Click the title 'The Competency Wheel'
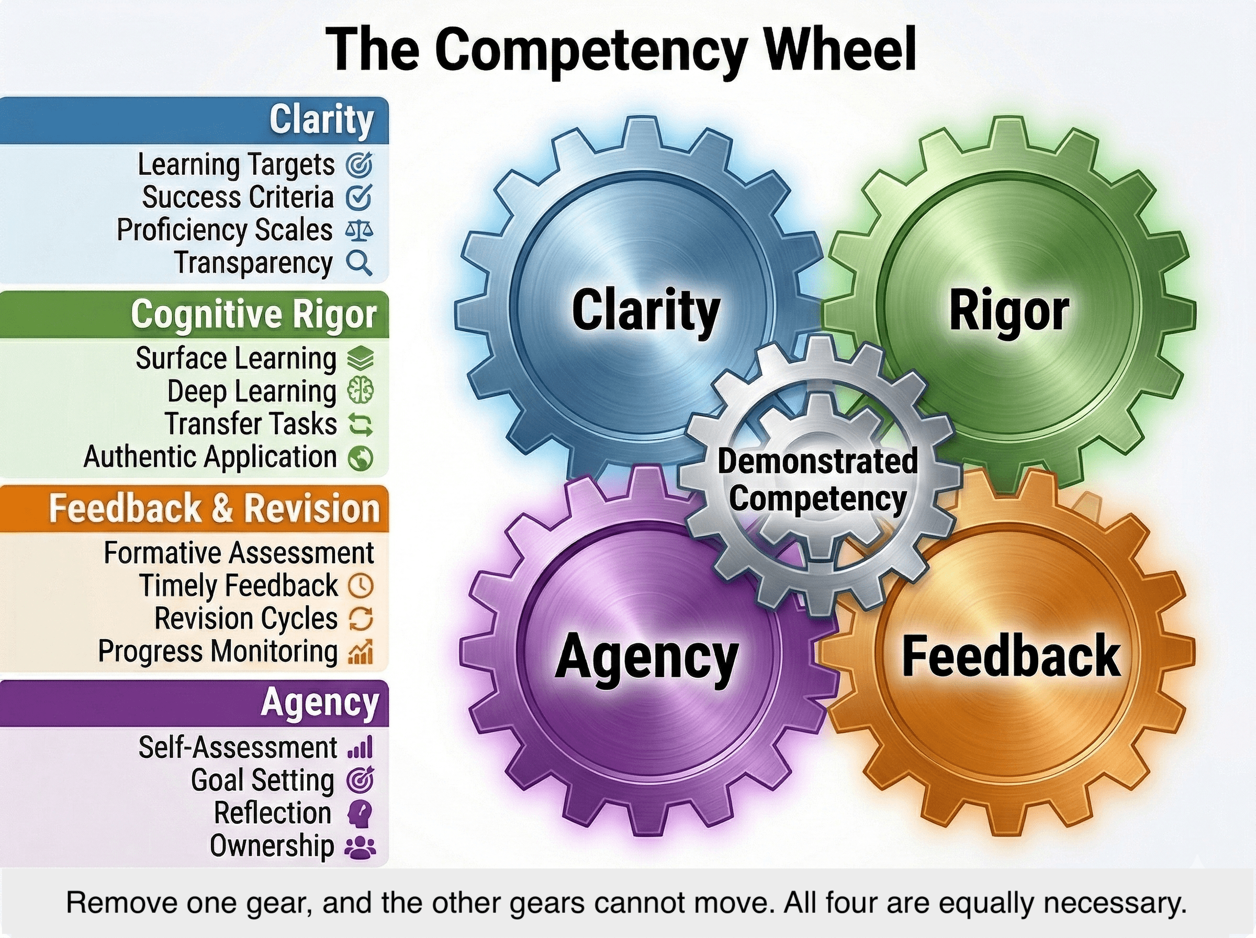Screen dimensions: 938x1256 (622, 49)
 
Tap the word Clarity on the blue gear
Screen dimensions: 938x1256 (645, 310)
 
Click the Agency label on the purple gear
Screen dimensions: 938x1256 (646, 657)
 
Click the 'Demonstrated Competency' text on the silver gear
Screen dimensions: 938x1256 (817, 480)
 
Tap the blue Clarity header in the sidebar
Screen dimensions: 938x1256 (321, 120)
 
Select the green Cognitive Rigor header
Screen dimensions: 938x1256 (253, 314)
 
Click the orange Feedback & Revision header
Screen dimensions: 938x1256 (214, 508)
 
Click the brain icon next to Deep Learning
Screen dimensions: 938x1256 (361, 391)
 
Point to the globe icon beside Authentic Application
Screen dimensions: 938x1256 (361, 457)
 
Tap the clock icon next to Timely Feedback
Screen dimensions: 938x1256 (361, 585)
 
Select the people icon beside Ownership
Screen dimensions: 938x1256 (361, 846)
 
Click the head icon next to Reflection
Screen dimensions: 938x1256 (361, 813)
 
